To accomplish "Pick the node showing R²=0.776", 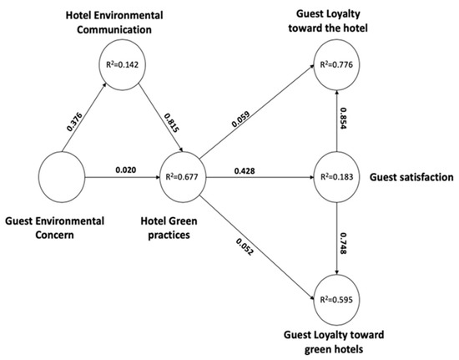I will tap(336, 61).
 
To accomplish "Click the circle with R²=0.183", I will tap(336, 178).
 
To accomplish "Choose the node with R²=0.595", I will tap(336, 296).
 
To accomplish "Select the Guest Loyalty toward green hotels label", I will tap(335, 343).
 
